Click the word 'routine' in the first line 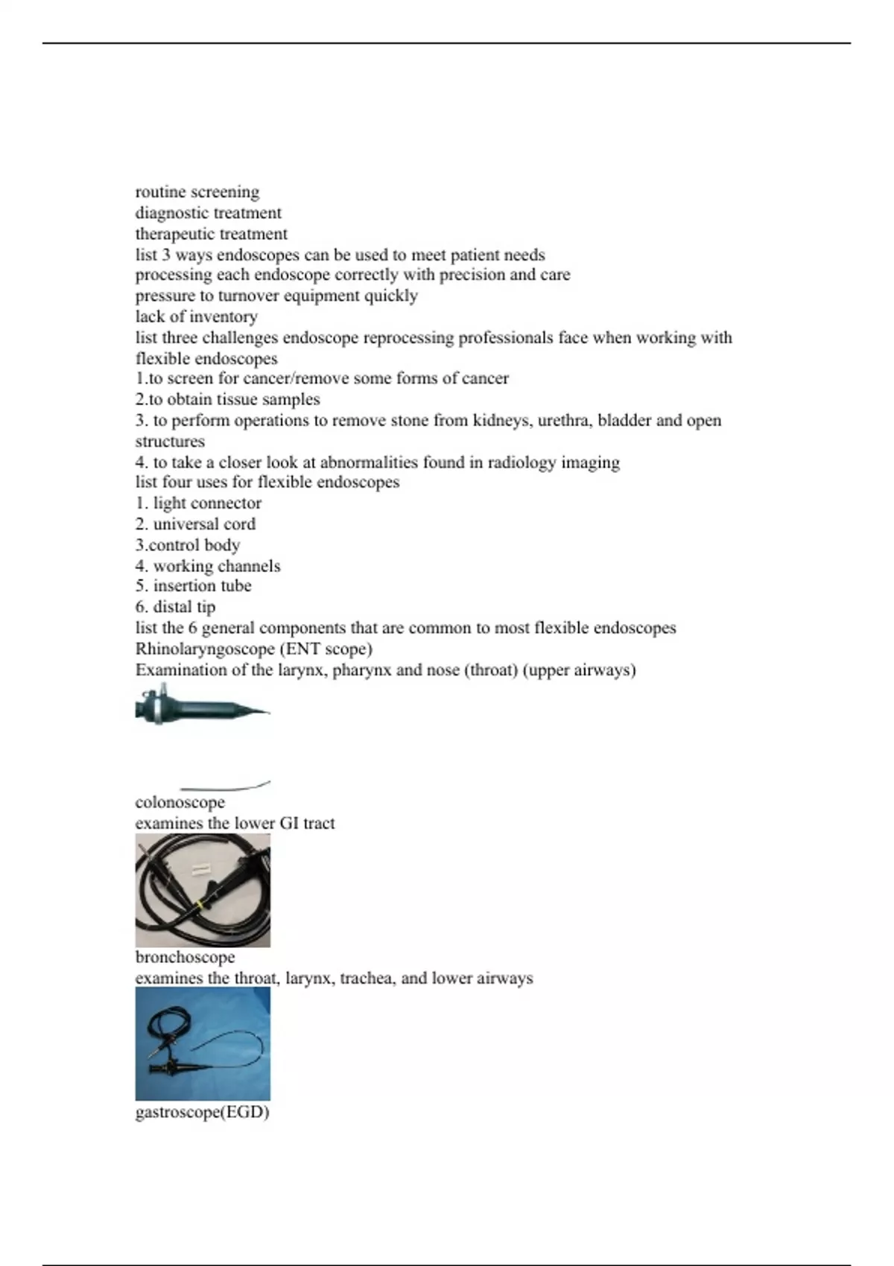click(x=160, y=192)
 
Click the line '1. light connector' click(x=198, y=503)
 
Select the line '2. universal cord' click(x=195, y=524)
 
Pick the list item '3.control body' click(x=188, y=545)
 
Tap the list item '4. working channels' click(x=208, y=566)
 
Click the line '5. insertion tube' click(x=193, y=586)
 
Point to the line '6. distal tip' click(x=175, y=607)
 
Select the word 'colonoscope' click(x=180, y=803)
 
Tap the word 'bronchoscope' click(x=185, y=958)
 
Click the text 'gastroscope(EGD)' click(x=202, y=1113)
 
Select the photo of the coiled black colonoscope click(x=203, y=891)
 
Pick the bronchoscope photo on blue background click(x=203, y=1044)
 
